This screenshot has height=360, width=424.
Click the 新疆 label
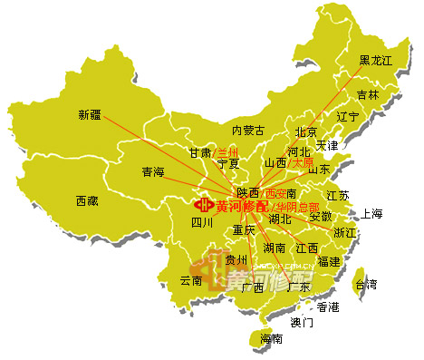click(90, 114)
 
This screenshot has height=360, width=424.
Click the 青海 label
click(153, 171)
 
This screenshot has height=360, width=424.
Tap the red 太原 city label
click(304, 162)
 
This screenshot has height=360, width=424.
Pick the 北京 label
click(307, 132)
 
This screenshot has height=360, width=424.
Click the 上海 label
click(372, 214)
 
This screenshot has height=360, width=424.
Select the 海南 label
click(271, 339)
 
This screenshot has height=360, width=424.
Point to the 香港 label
click(327, 307)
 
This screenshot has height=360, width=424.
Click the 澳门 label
click(302, 322)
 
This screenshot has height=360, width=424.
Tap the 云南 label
click(191, 280)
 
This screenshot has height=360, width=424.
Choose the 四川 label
click(202, 221)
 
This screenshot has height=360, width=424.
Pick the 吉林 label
click(368, 94)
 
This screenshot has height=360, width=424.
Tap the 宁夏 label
click(229, 164)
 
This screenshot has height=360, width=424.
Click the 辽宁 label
click(348, 116)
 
